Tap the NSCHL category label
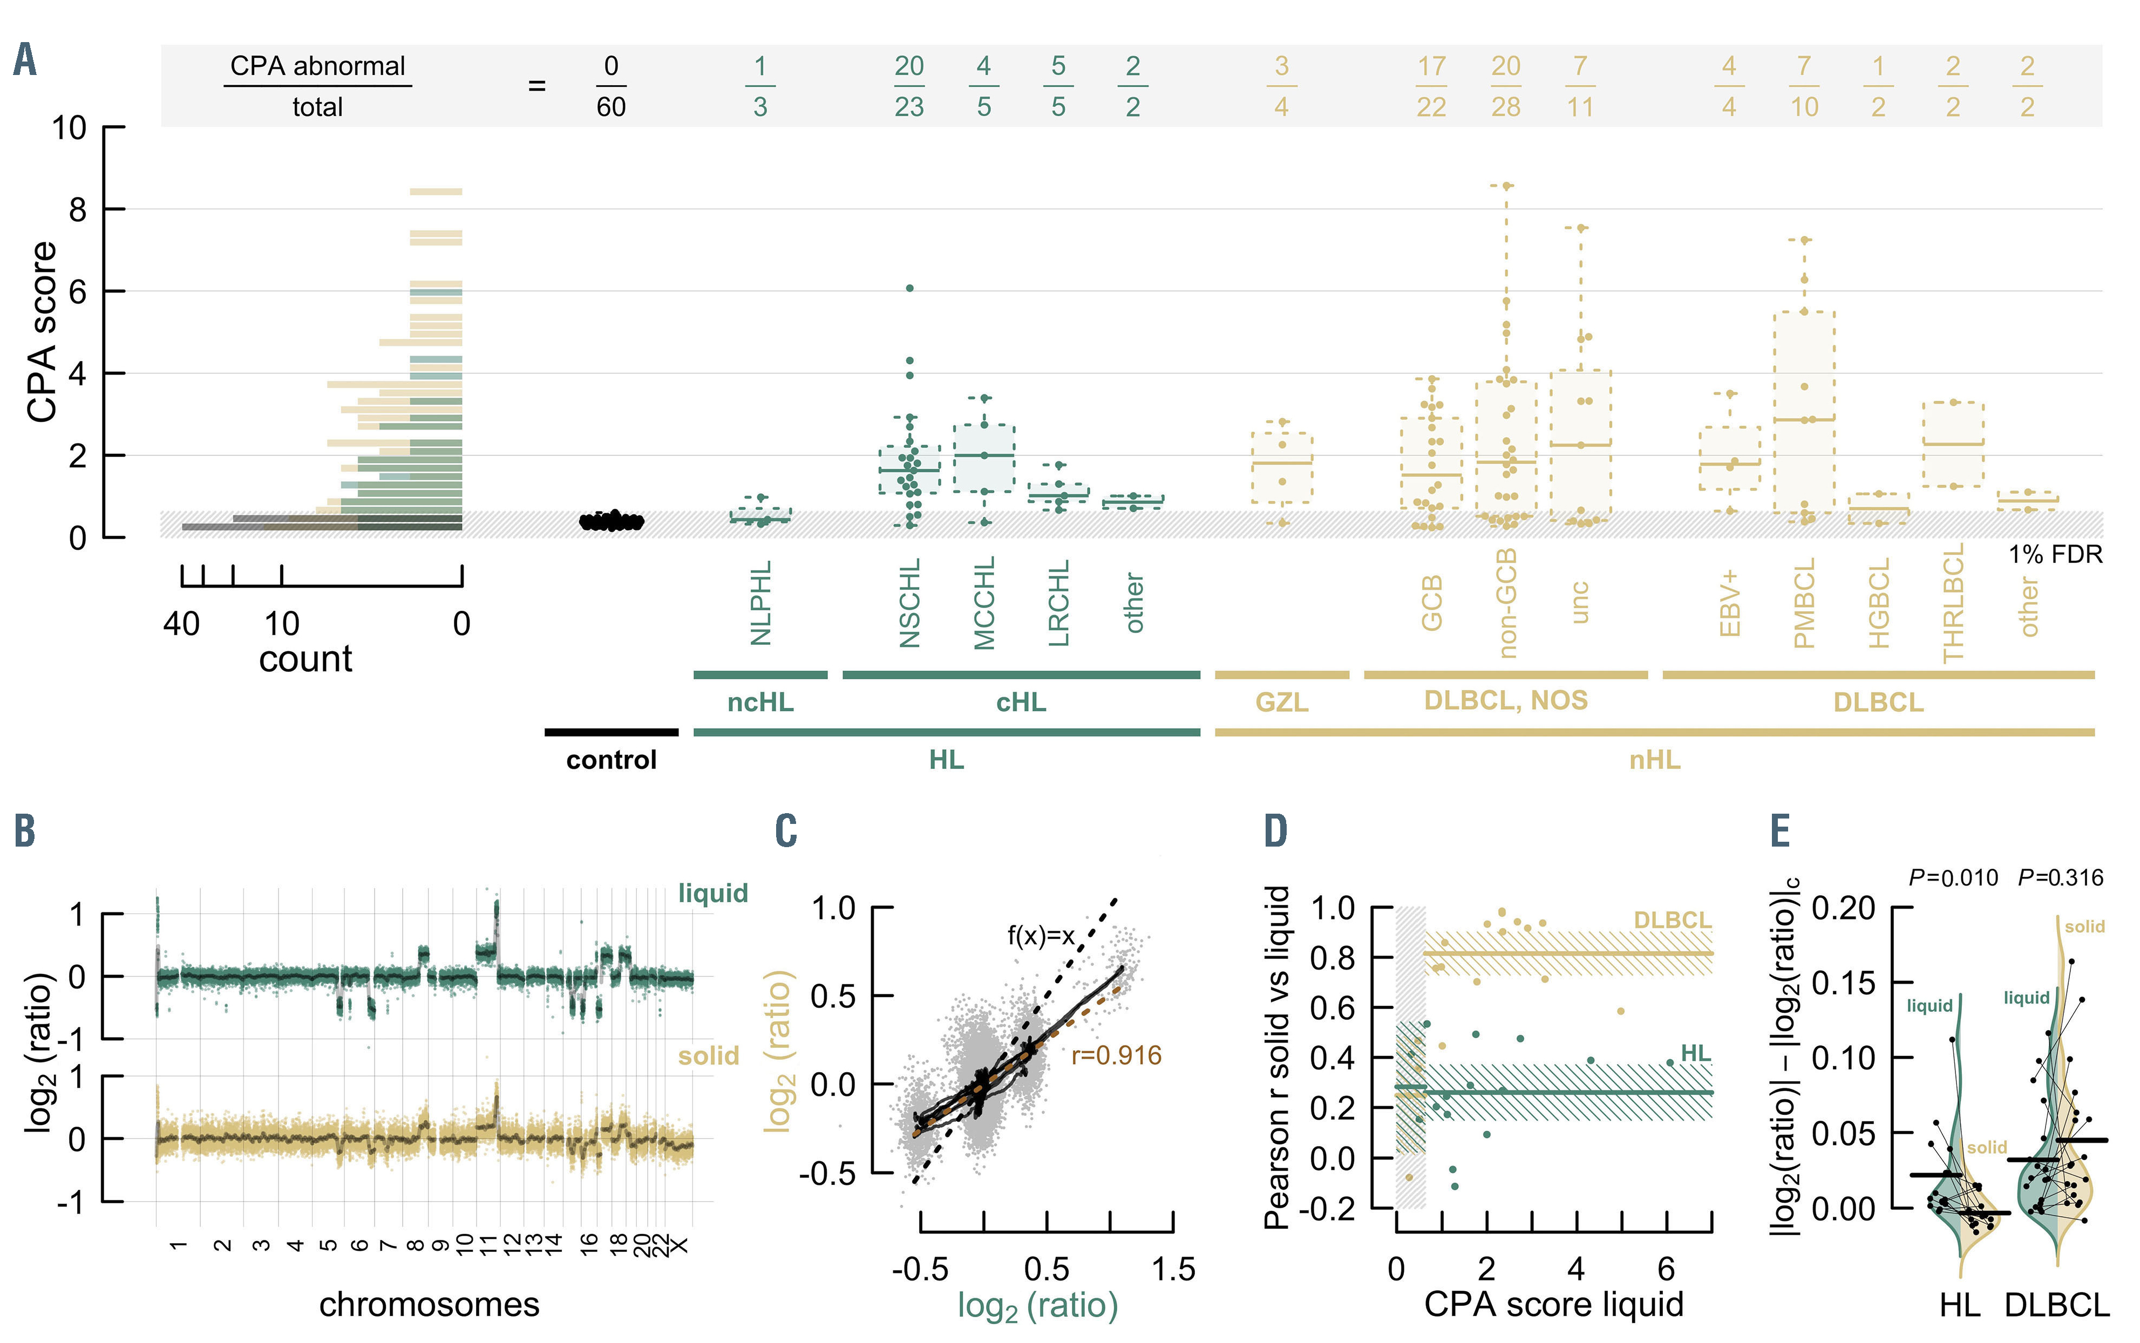point(909,603)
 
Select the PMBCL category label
point(1804,603)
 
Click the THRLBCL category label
point(1953,603)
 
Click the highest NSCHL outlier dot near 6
point(909,288)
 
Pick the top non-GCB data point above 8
point(1506,186)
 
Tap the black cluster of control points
point(611,521)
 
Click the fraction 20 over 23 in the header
point(909,86)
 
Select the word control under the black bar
point(611,760)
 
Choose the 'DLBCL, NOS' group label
point(1505,701)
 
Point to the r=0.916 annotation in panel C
point(1116,1056)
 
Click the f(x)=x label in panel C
point(1040,935)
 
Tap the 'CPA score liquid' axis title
point(1554,1305)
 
